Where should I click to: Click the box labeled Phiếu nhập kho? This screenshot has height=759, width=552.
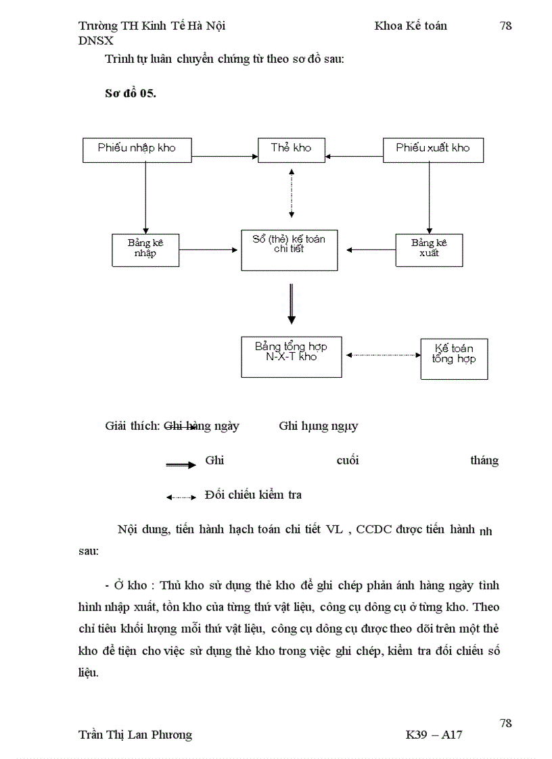click(x=137, y=149)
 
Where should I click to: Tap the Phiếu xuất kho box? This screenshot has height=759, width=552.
click(x=433, y=149)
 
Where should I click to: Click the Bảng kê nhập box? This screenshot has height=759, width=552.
click(x=145, y=249)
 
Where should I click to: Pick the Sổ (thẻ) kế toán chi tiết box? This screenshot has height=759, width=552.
click(x=289, y=249)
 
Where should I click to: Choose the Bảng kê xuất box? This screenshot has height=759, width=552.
click(x=429, y=249)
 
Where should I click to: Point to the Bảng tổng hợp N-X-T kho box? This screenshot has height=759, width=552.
click(x=291, y=356)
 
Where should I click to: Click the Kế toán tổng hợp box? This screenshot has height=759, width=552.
click(x=454, y=359)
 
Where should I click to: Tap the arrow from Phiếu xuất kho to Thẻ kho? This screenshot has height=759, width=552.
click(x=354, y=156)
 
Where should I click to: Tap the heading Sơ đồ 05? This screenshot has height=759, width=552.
click(x=131, y=94)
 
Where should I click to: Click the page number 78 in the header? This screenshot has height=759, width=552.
click(x=505, y=26)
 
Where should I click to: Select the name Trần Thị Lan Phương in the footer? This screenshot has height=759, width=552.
click(x=135, y=735)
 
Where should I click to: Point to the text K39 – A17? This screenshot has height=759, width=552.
click(x=434, y=735)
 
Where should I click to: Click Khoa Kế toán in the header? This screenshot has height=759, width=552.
click(x=411, y=26)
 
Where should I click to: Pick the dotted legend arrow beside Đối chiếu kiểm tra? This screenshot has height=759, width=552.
click(x=181, y=497)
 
